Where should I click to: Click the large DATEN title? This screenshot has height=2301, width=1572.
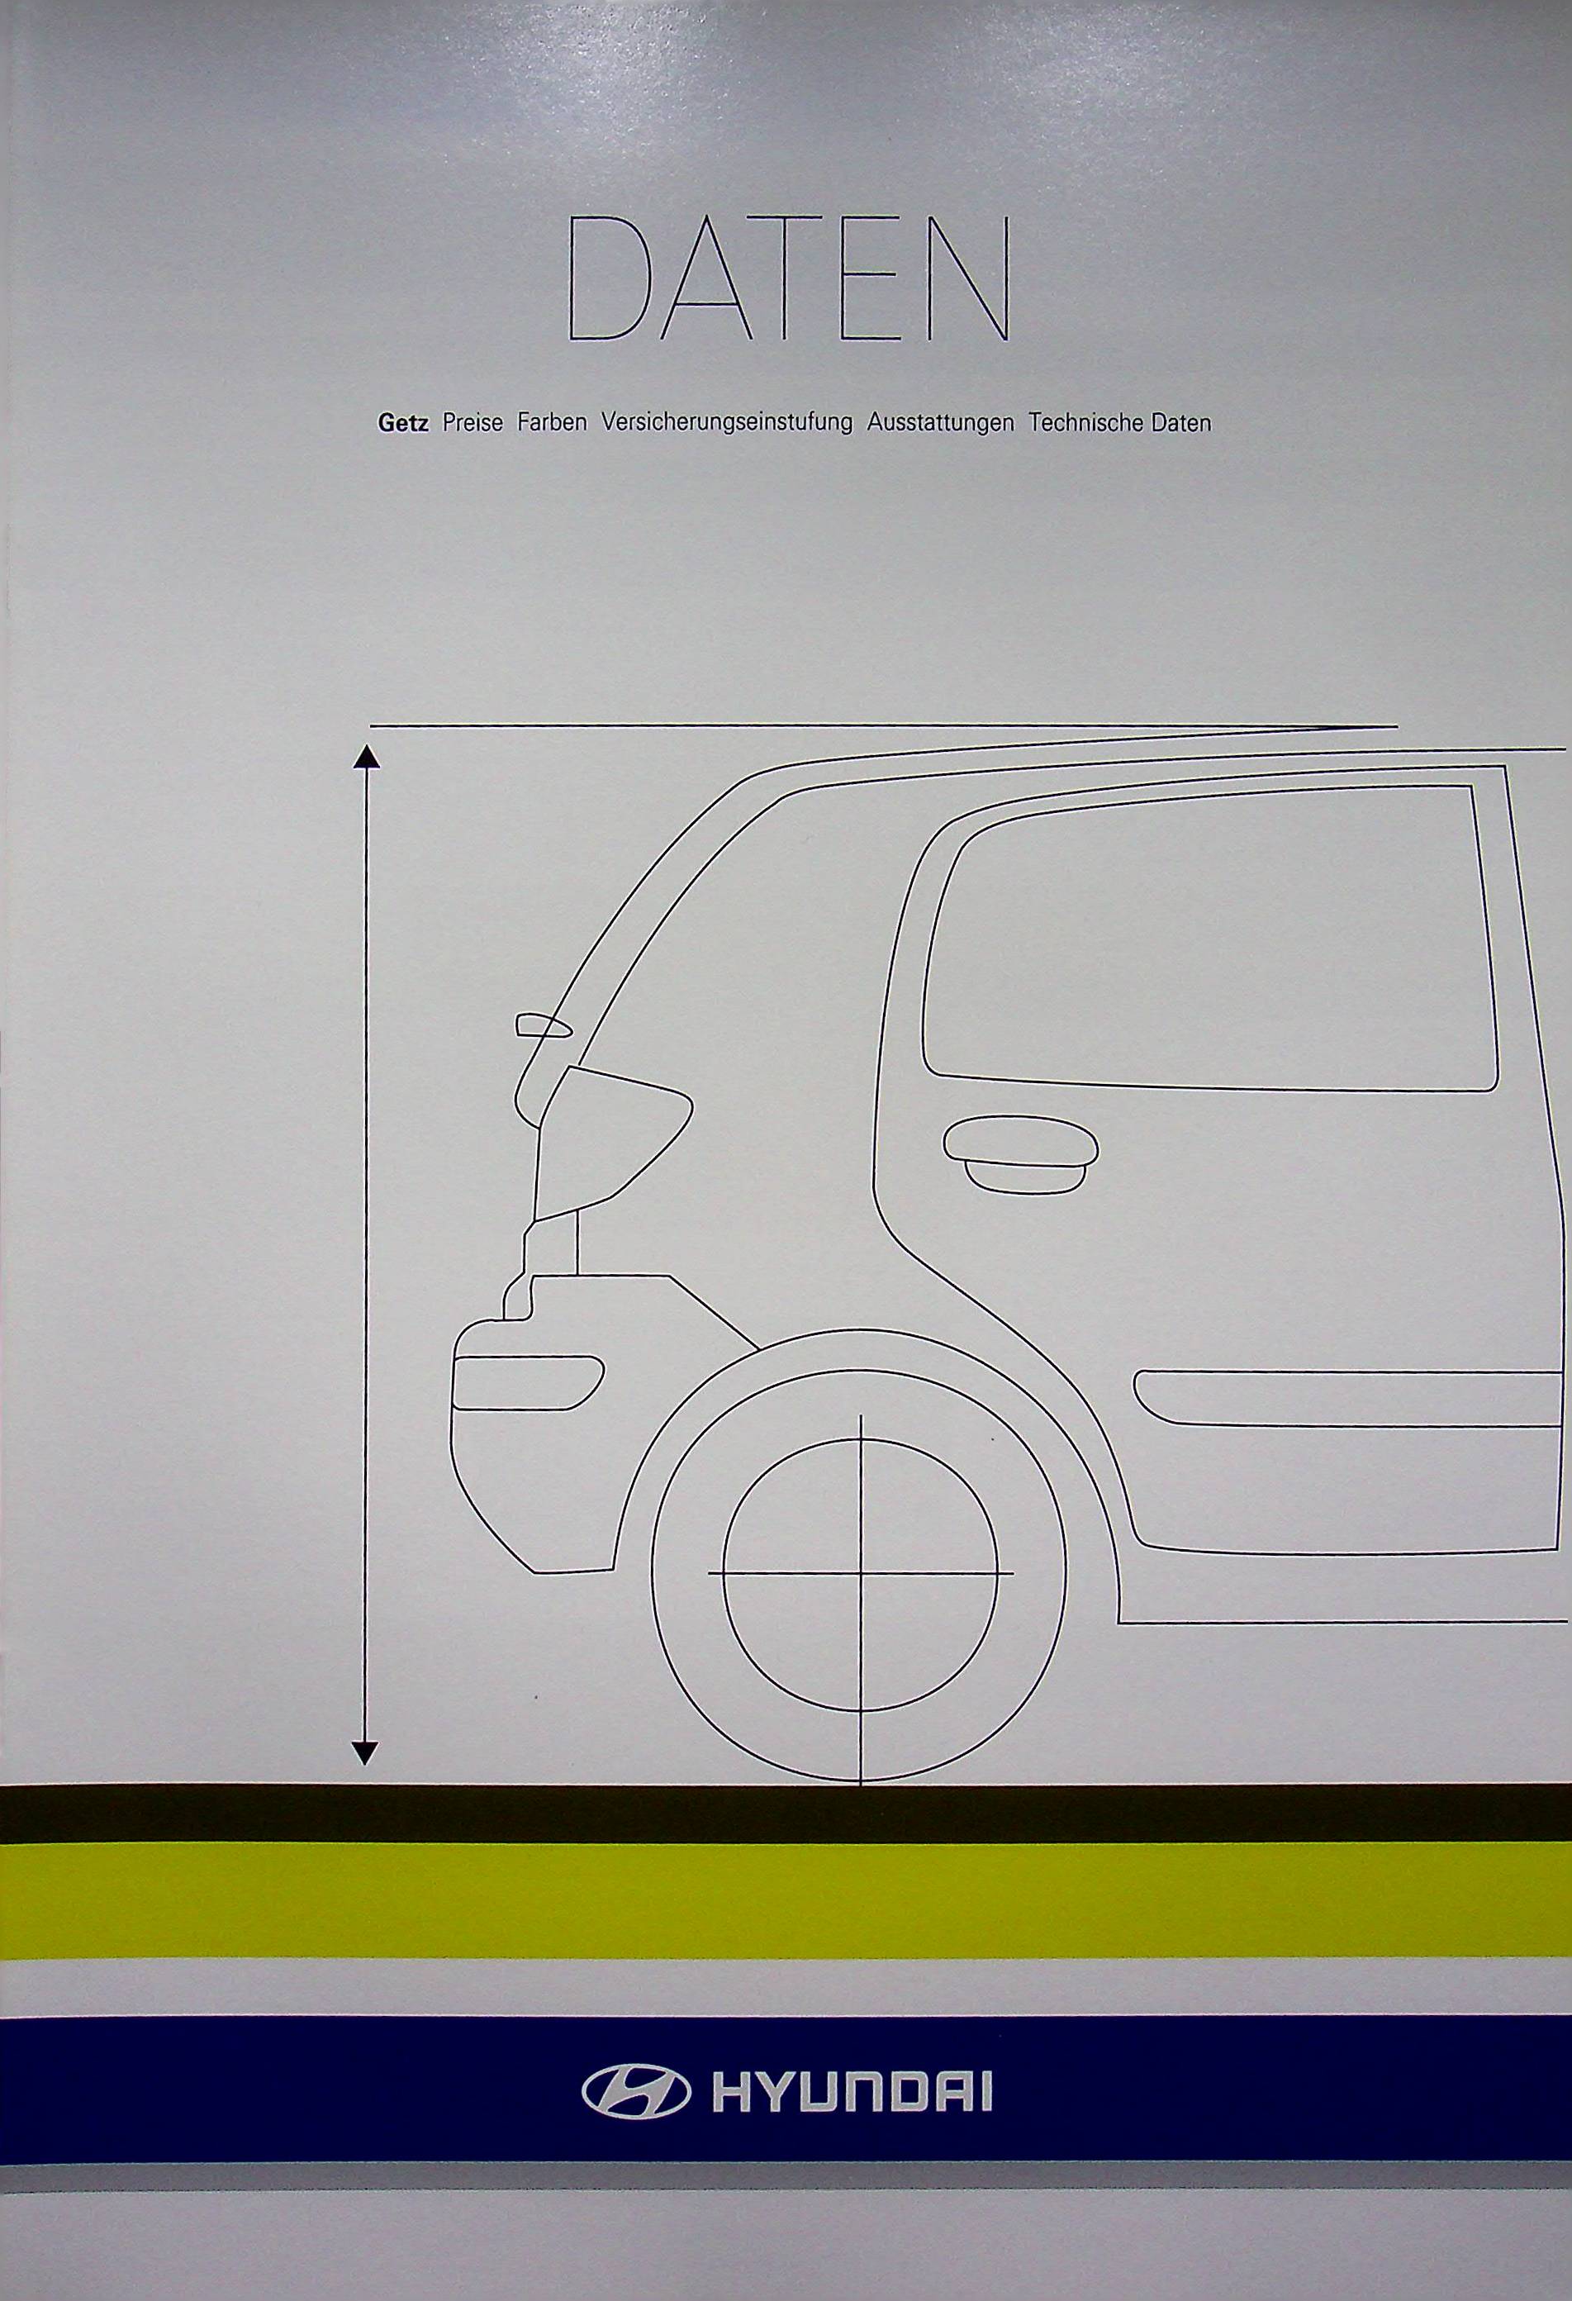(x=789, y=281)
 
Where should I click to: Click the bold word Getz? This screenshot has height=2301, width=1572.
(x=403, y=423)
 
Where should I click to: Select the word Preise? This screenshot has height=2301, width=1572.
(x=473, y=423)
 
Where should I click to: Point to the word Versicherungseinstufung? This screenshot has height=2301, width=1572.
(x=727, y=423)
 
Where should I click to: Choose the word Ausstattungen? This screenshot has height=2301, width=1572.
(x=940, y=423)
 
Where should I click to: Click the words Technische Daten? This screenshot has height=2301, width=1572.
(x=1119, y=423)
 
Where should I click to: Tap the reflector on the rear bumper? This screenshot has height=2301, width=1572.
(x=527, y=1381)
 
